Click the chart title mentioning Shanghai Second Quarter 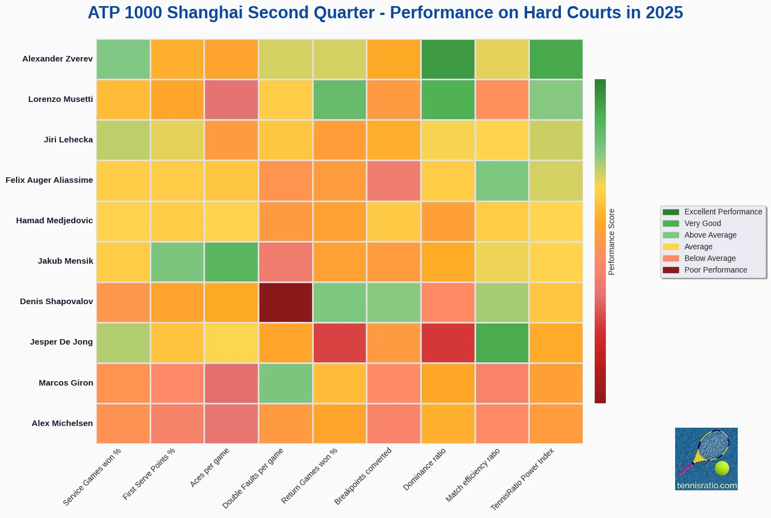click(385, 13)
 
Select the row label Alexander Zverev click(57, 59)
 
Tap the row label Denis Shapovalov click(56, 301)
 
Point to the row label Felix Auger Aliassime click(49, 180)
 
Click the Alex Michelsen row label click(62, 423)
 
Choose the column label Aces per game click(210, 468)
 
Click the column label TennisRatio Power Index click(522, 479)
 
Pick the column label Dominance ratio click(424, 469)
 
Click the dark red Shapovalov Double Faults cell click(285, 302)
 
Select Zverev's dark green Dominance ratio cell click(448, 59)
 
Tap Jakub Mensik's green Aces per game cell click(231, 262)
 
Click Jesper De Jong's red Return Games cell click(340, 343)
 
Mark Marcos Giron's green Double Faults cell click(285, 383)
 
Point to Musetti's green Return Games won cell click(340, 100)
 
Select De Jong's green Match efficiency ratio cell click(502, 343)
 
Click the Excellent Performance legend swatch click(671, 212)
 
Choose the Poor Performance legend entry click(715, 270)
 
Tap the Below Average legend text click(709, 258)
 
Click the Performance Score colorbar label click(612, 242)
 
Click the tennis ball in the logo click(722, 468)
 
